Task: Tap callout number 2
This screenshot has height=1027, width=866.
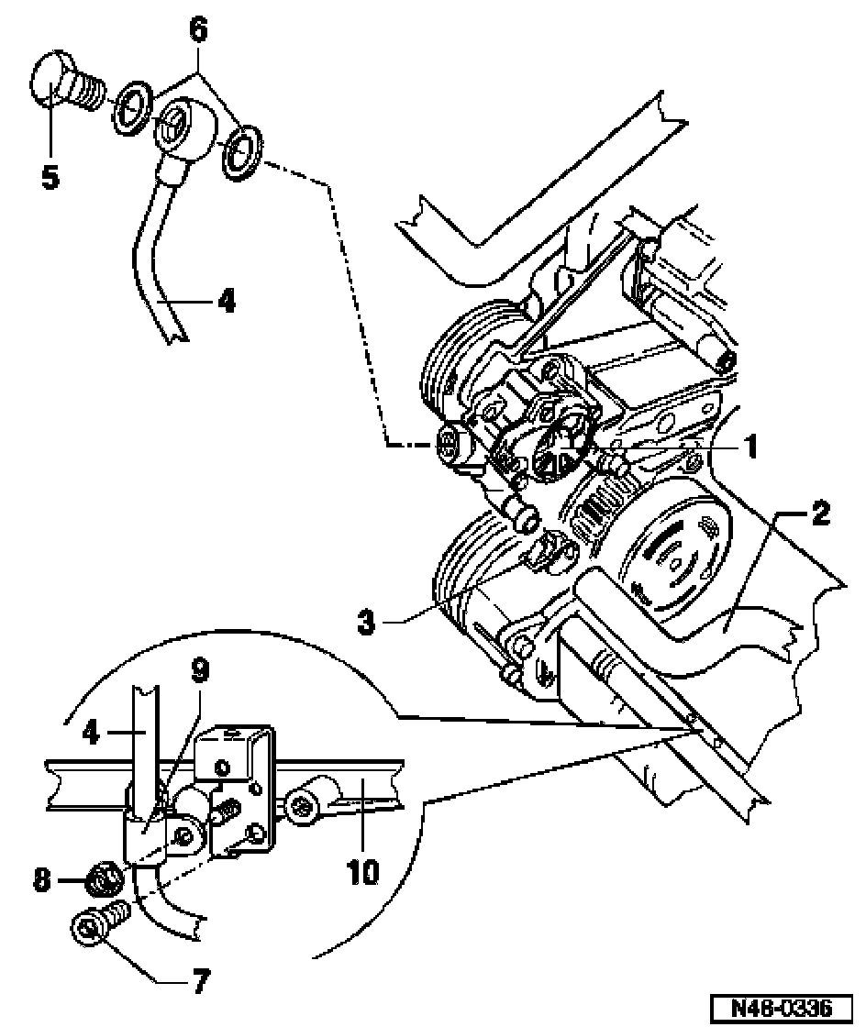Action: point(820,513)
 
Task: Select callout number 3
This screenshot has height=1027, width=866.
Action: point(367,621)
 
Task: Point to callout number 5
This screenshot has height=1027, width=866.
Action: point(50,175)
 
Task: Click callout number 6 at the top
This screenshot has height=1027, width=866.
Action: point(198,28)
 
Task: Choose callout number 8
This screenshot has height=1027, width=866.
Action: point(42,879)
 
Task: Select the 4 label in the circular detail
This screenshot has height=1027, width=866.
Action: point(91,732)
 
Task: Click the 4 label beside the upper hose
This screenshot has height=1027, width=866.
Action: point(227,302)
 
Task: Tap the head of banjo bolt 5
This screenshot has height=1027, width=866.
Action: point(47,82)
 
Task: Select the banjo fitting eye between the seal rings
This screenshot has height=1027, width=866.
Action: point(182,127)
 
